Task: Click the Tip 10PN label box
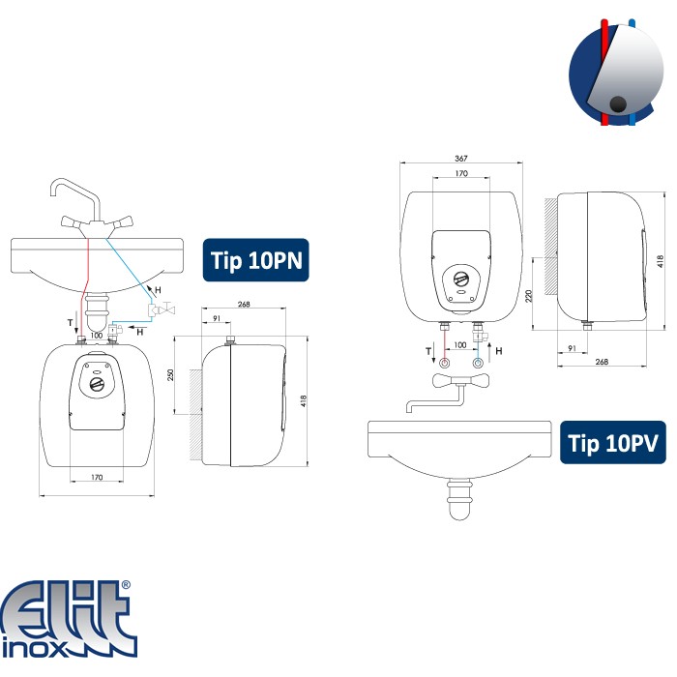tap(256, 260)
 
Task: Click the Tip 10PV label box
tap(612, 443)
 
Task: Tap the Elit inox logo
tap(69, 619)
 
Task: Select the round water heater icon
tap(616, 73)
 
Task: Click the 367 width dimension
tap(461, 159)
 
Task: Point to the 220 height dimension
tap(529, 296)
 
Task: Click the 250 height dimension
tap(170, 375)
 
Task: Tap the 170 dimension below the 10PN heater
tap(97, 477)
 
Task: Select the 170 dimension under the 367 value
tap(461, 173)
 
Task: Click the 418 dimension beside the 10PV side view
tap(661, 261)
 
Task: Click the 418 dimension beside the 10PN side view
tap(303, 401)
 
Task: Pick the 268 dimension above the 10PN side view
tap(244, 304)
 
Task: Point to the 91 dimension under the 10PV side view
tap(573, 348)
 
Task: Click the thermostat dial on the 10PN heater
tap(97, 384)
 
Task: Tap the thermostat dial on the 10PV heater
tap(461, 279)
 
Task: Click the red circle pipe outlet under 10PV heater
tap(444, 363)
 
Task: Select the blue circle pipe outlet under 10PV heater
tap(478, 363)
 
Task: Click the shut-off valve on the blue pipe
tap(162, 309)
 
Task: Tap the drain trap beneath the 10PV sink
tap(459, 500)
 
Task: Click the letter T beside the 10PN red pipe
tap(70, 322)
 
